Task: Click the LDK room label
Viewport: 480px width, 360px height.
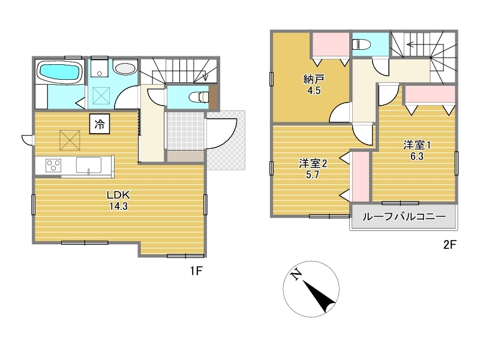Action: click(x=118, y=194)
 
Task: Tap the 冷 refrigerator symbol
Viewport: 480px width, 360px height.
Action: click(x=100, y=124)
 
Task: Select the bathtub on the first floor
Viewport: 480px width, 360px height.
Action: click(x=60, y=71)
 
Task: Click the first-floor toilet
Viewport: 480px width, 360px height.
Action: click(x=199, y=97)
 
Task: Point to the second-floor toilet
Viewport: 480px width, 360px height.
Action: click(x=361, y=45)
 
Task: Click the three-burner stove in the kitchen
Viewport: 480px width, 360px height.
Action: click(x=53, y=166)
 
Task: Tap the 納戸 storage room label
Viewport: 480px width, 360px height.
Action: click(x=314, y=79)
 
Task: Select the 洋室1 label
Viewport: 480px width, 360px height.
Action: click(x=416, y=145)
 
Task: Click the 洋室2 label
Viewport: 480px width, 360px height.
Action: click(x=313, y=163)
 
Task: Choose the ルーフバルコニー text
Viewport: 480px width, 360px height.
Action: click(x=404, y=217)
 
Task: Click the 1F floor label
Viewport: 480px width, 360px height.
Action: click(x=196, y=271)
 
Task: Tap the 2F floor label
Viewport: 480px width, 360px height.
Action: click(x=449, y=245)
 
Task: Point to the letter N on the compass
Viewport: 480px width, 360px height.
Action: click(x=296, y=275)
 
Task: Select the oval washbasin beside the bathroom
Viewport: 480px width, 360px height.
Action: click(x=125, y=68)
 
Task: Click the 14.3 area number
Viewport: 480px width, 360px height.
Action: click(x=118, y=206)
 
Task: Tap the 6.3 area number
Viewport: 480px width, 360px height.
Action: click(x=416, y=157)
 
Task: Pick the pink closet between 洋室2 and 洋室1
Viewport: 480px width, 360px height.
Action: click(x=361, y=176)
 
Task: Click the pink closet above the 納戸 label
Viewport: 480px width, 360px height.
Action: click(x=331, y=44)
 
